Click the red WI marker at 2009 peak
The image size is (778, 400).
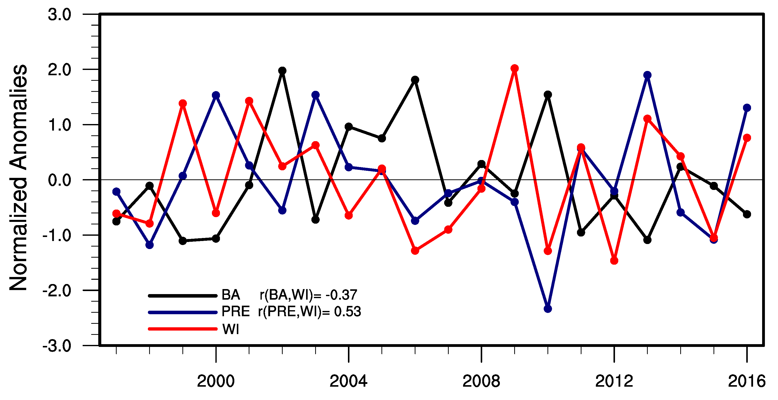tap(515, 68)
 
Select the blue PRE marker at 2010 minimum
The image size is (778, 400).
tap(547, 309)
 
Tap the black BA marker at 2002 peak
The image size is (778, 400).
tap(282, 71)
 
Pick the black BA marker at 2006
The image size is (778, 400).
tap(415, 80)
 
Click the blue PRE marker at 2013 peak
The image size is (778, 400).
tap(647, 75)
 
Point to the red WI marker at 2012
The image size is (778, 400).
tap(614, 261)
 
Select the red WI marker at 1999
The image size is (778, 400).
tap(183, 103)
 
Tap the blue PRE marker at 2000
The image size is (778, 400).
tap(216, 95)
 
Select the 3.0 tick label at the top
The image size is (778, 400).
tap(59, 15)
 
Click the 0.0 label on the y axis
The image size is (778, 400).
tap(59, 180)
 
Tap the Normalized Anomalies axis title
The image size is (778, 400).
tap(19, 178)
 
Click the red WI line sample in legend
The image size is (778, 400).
tap(183, 329)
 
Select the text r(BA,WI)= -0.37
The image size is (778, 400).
tap(308, 295)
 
